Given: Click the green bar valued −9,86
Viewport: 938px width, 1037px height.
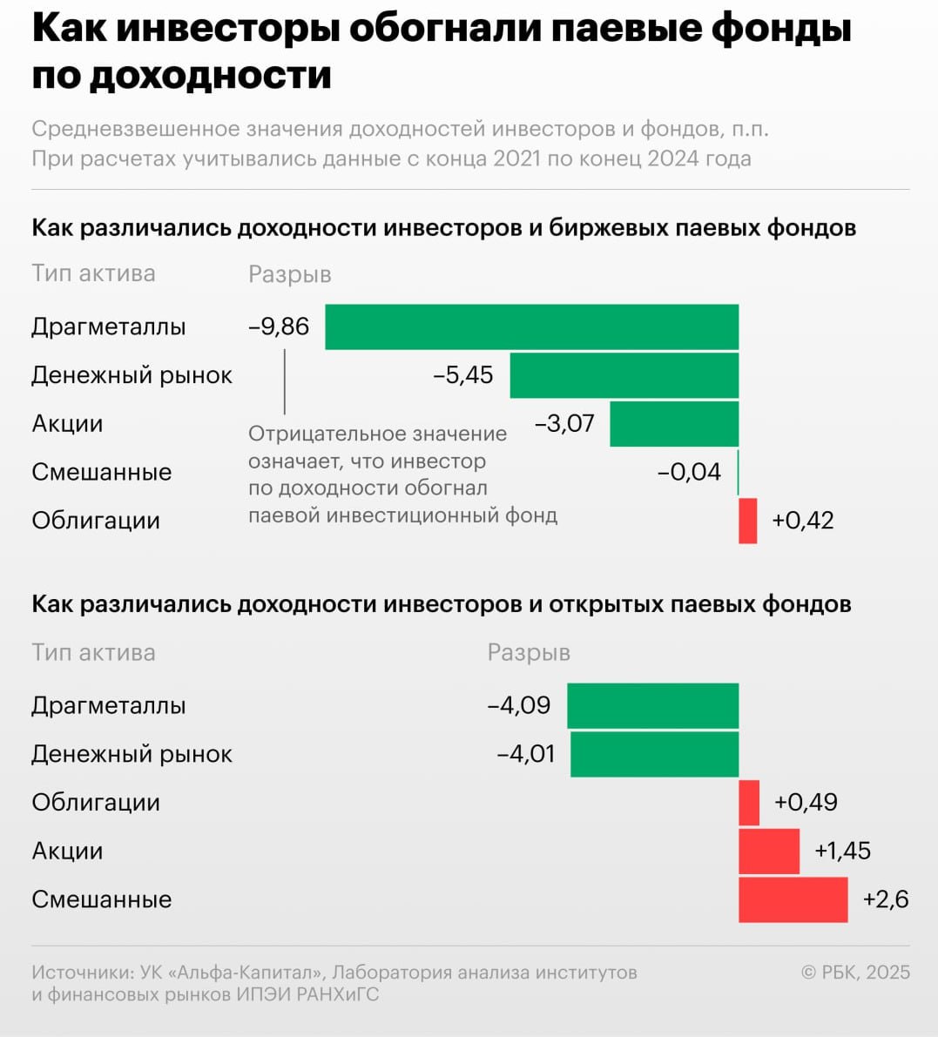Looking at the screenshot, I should [531, 327].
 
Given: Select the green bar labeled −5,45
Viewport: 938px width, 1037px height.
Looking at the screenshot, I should [624, 375].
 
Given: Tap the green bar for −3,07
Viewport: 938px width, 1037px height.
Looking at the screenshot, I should [674, 424].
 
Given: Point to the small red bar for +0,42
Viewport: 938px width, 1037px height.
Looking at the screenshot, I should [747, 521].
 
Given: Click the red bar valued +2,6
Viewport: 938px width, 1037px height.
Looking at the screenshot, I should [793, 899].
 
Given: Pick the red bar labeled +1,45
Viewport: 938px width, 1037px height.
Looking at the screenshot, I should [768, 851].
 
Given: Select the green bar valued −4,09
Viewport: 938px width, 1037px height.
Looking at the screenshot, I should [652, 705].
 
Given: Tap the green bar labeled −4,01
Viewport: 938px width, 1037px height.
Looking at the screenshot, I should [654, 754].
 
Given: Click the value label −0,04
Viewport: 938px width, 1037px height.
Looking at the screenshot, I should [689, 472].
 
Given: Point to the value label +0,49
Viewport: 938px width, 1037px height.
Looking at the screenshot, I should [806, 802].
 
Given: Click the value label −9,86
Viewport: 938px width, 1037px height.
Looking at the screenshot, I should [279, 327].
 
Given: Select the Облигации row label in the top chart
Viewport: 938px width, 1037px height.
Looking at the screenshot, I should [96, 521].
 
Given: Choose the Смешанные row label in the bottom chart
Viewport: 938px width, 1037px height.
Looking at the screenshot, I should [101, 899].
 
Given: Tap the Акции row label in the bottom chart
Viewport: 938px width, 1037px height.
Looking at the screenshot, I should [67, 851].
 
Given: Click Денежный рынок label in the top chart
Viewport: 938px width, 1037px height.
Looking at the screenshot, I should [132, 375].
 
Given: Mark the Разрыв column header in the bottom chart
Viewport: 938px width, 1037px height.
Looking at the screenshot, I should [529, 652].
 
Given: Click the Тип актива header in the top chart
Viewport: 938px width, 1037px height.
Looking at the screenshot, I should [93, 273].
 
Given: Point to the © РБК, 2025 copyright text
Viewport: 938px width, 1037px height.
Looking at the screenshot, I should [855, 973].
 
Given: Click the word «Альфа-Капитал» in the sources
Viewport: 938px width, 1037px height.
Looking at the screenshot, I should [252, 973].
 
